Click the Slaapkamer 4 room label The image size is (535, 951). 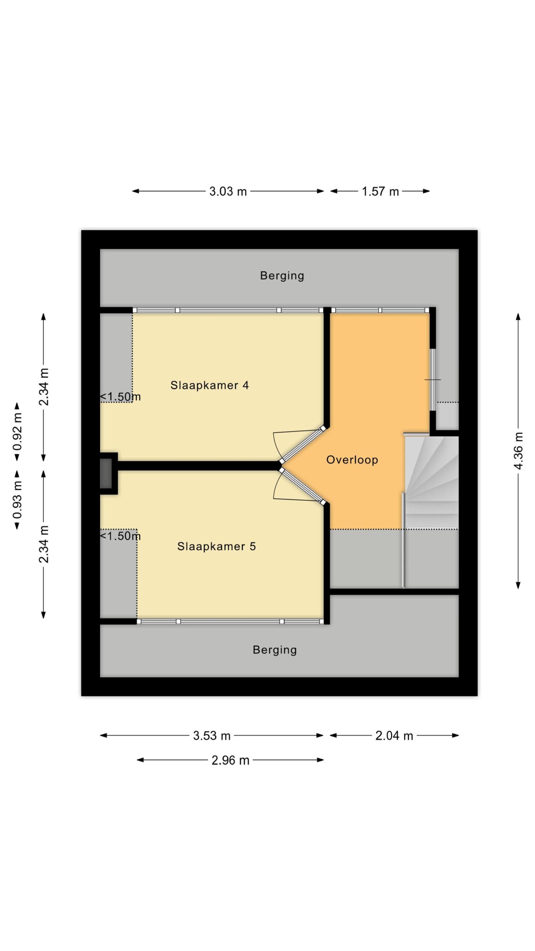[209, 385]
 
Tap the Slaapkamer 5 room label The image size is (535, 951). [217, 546]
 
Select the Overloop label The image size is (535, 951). [352, 460]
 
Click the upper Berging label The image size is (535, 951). [282, 276]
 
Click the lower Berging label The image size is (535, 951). [275, 650]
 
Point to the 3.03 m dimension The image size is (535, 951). [228, 191]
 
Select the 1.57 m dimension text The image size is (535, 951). [380, 191]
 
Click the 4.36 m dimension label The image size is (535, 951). [518, 451]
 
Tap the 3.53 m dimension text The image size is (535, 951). [212, 735]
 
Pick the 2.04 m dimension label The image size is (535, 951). [394, 735]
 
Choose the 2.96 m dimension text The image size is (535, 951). [230, 760]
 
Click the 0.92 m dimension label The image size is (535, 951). [17, 431]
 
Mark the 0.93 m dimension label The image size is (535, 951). [17, 499]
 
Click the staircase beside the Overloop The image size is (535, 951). [431, 482]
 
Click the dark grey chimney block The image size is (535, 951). [106, 473]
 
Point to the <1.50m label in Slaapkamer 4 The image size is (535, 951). [120, 397]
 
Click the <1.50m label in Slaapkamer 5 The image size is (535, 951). [120, 536]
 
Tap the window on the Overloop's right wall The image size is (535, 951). [433, 380]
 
